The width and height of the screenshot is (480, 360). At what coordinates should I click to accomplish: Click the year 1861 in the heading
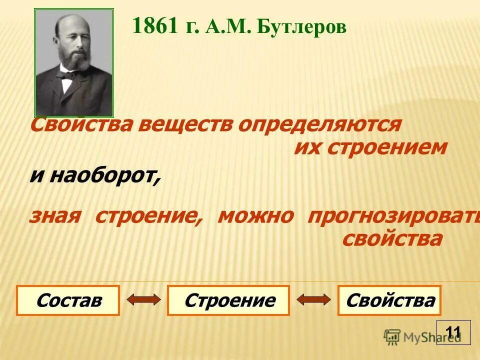pos(154,26)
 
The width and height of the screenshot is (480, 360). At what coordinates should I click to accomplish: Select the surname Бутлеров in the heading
pos(301,27)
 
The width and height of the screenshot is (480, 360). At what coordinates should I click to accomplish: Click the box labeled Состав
pos(68,300)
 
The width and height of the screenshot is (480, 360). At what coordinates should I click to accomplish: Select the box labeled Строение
pos(228,300)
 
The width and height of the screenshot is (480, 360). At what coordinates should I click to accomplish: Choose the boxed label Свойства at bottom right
pos(389,300)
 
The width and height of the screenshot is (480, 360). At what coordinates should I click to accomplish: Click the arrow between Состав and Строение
pos(143,300)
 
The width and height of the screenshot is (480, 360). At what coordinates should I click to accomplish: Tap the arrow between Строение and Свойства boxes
pos(313,300)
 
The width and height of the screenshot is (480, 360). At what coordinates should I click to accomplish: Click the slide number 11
pos(453,332)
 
